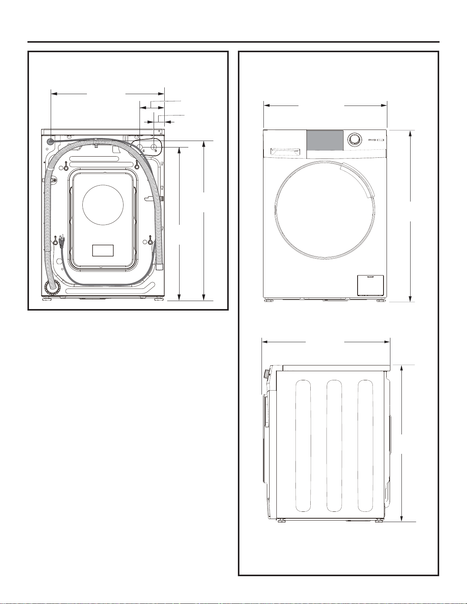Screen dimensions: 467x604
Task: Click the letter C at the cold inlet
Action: click(x=144, y=151)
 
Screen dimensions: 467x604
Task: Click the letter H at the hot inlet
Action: click(x=156, y=151)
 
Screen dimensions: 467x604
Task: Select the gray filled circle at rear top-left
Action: click(x=50, y=141)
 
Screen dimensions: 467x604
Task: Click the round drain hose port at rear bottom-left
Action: click(x=52, y=287)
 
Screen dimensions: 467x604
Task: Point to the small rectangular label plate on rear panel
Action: click(x=103, y=250)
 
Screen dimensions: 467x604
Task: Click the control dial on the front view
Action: click(x=355, y=139)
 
